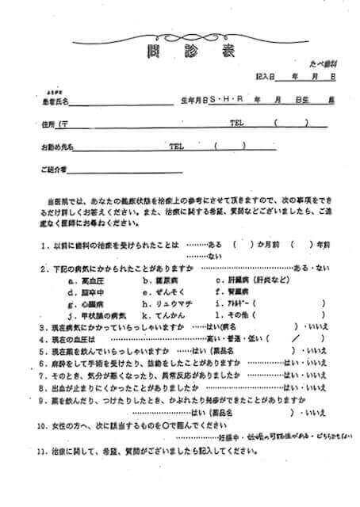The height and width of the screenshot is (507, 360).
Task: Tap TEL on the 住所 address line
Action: click(237, 124)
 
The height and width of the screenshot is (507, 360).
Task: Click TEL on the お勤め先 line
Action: click(177, 147)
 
